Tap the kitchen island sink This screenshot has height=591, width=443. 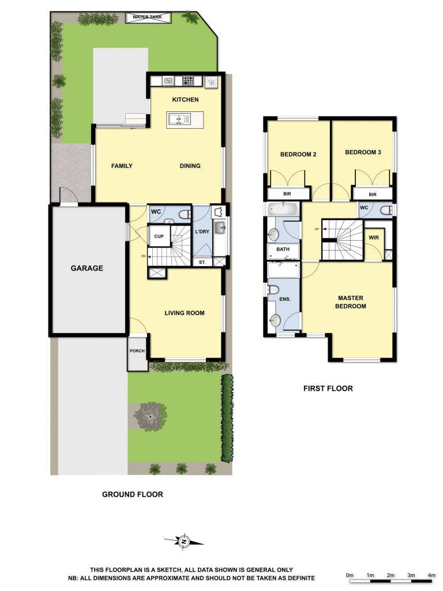[x=179, y=119]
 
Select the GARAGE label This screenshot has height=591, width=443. [x=87, y=268]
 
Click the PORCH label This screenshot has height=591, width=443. [x=137, y=350]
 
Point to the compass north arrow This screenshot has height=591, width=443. [x=184, y=541]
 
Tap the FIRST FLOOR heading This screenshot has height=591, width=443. [x=328, y=388]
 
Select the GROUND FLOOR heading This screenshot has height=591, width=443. [x=132, y=494]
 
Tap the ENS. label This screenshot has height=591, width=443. [x=284, y=300]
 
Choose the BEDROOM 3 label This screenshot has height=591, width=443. [x=363, y=152]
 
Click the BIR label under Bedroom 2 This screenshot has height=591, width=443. [x=287, y=194]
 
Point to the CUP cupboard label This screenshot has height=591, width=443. [x=158, y=237]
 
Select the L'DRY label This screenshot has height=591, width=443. [x=202, y=231]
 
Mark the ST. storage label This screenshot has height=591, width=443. [x=202, y=262]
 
